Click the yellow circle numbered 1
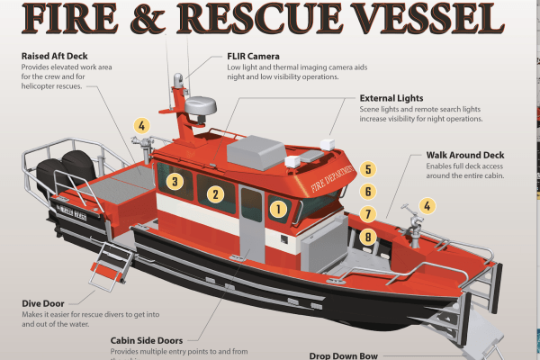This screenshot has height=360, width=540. coord(278,211)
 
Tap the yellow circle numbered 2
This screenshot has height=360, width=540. coord(214,193)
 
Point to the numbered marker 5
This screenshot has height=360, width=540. coord(367,169)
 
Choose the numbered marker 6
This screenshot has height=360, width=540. coord(367,192)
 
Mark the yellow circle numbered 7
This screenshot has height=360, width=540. coord(367,215)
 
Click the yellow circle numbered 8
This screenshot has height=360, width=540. coord(367,238)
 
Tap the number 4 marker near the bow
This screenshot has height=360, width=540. coord(427,206)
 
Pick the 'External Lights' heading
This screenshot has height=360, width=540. coord(391,98)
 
